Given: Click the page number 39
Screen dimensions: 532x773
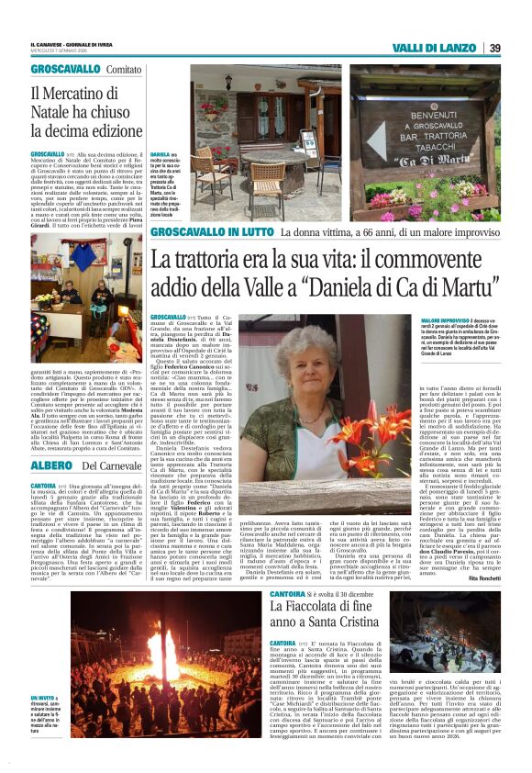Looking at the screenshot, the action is (493, 48).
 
